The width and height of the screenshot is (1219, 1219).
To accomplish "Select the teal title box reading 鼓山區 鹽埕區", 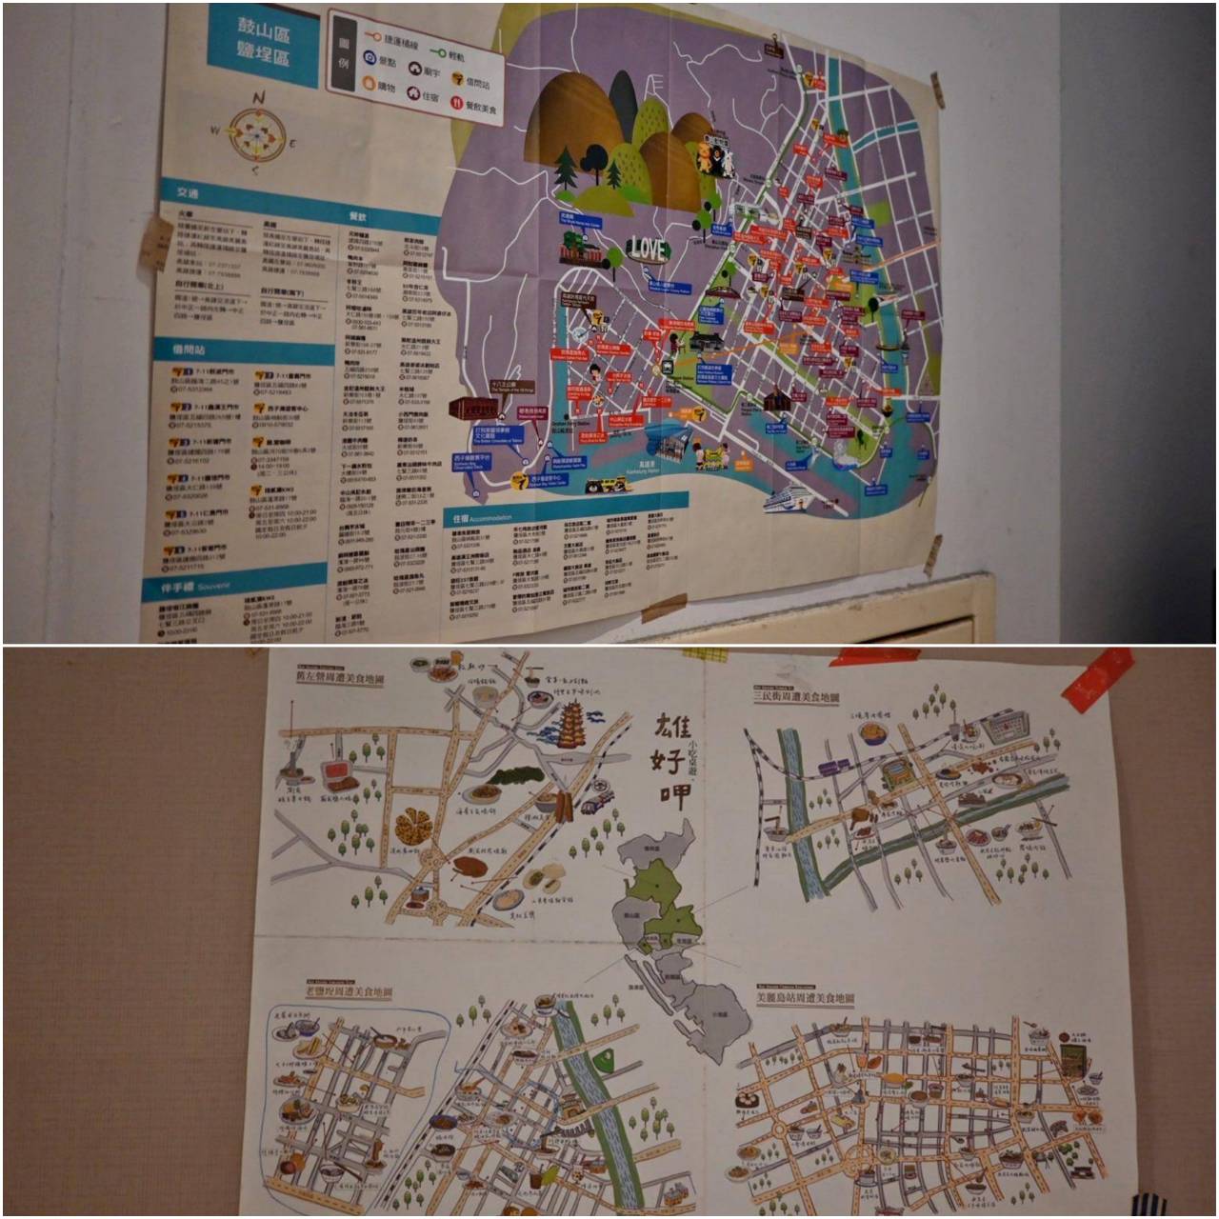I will click(x=263, y=46).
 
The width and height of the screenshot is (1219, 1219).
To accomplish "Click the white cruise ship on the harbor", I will click(x=789, y=498).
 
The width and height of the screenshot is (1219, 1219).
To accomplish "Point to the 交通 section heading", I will click(x=187, y=192).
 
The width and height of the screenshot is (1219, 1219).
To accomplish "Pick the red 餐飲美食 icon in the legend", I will click(x=456, y=105).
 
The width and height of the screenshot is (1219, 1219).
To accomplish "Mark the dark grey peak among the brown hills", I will click(x=622, y=95).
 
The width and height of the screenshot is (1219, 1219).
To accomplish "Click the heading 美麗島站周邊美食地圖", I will click(x=805, y=1000).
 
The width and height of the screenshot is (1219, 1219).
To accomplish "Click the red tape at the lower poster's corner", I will click(x=1095, y=679).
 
